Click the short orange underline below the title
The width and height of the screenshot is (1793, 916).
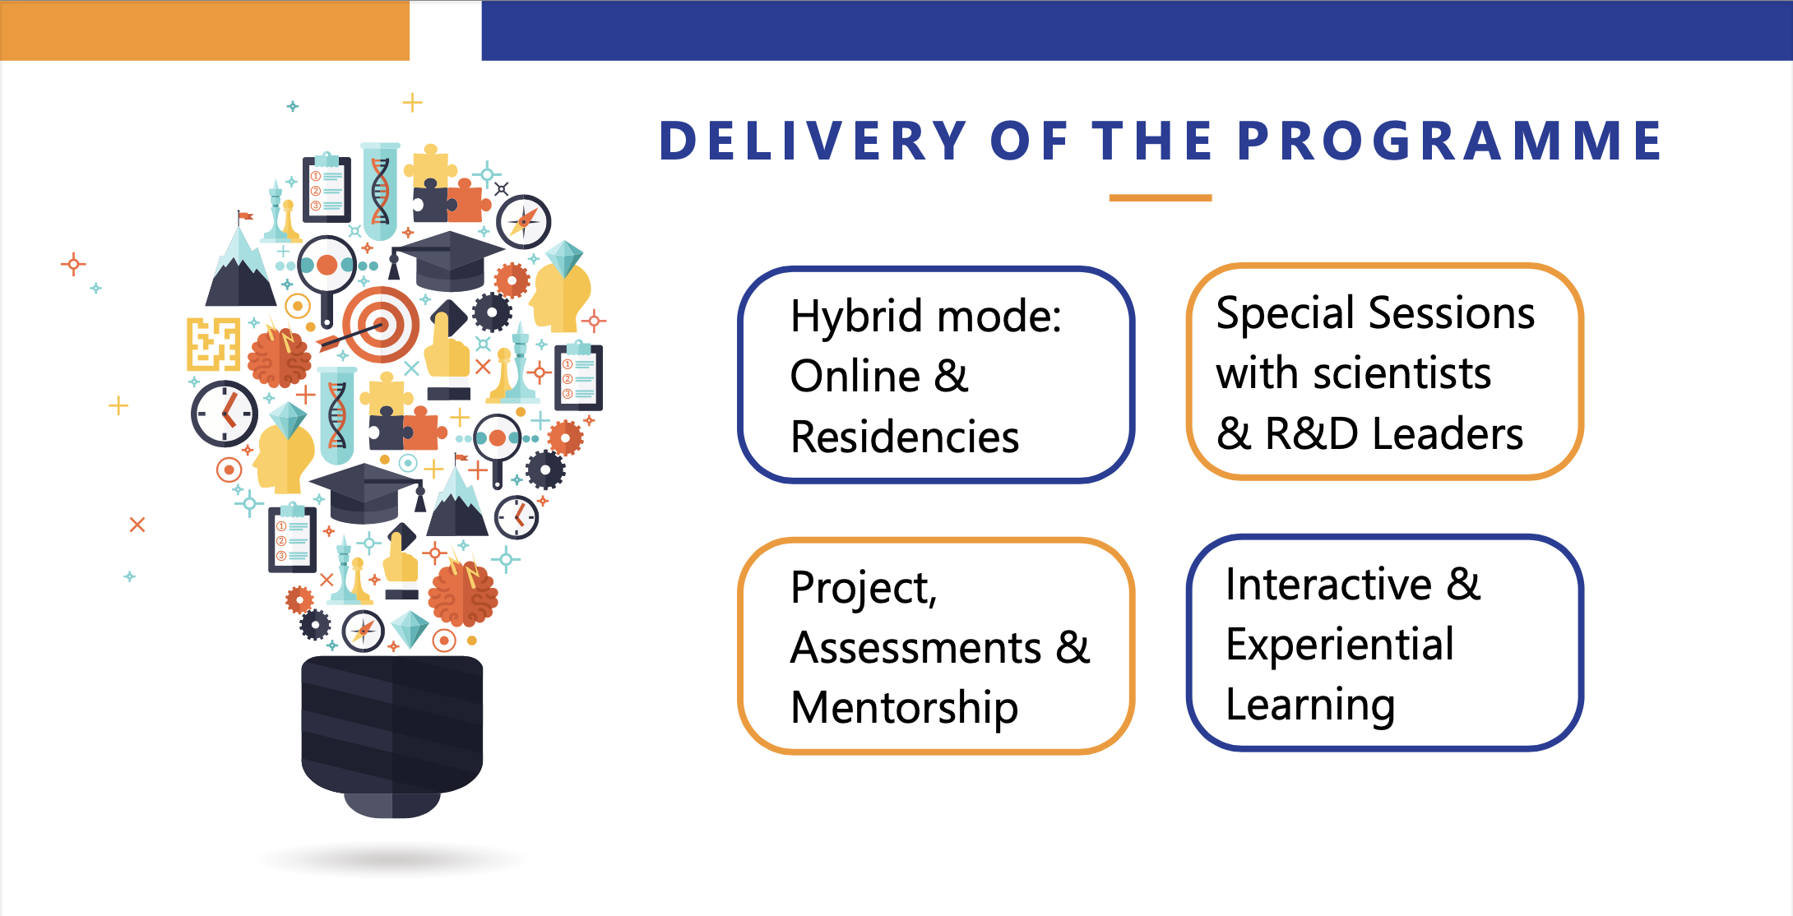(1160, 198)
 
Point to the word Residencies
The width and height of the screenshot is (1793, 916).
(905, 437)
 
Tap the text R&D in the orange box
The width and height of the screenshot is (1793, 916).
(1311, 434)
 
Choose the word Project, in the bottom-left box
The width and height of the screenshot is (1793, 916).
(864, 589)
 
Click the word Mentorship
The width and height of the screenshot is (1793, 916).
(905, 708)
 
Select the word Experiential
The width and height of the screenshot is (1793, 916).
(1339, 645)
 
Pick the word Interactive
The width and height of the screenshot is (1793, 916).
(1328, 585)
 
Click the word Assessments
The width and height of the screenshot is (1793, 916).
(915, 648)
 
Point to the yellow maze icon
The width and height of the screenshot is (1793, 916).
(213, 344)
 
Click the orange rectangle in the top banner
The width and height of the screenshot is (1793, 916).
(204, 30)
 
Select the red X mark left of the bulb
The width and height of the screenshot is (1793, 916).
(137, 525)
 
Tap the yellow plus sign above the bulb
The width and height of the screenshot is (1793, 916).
(412, 103)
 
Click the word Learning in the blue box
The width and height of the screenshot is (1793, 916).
(1309, 706)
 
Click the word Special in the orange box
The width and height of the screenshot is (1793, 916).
(1280, 313)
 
